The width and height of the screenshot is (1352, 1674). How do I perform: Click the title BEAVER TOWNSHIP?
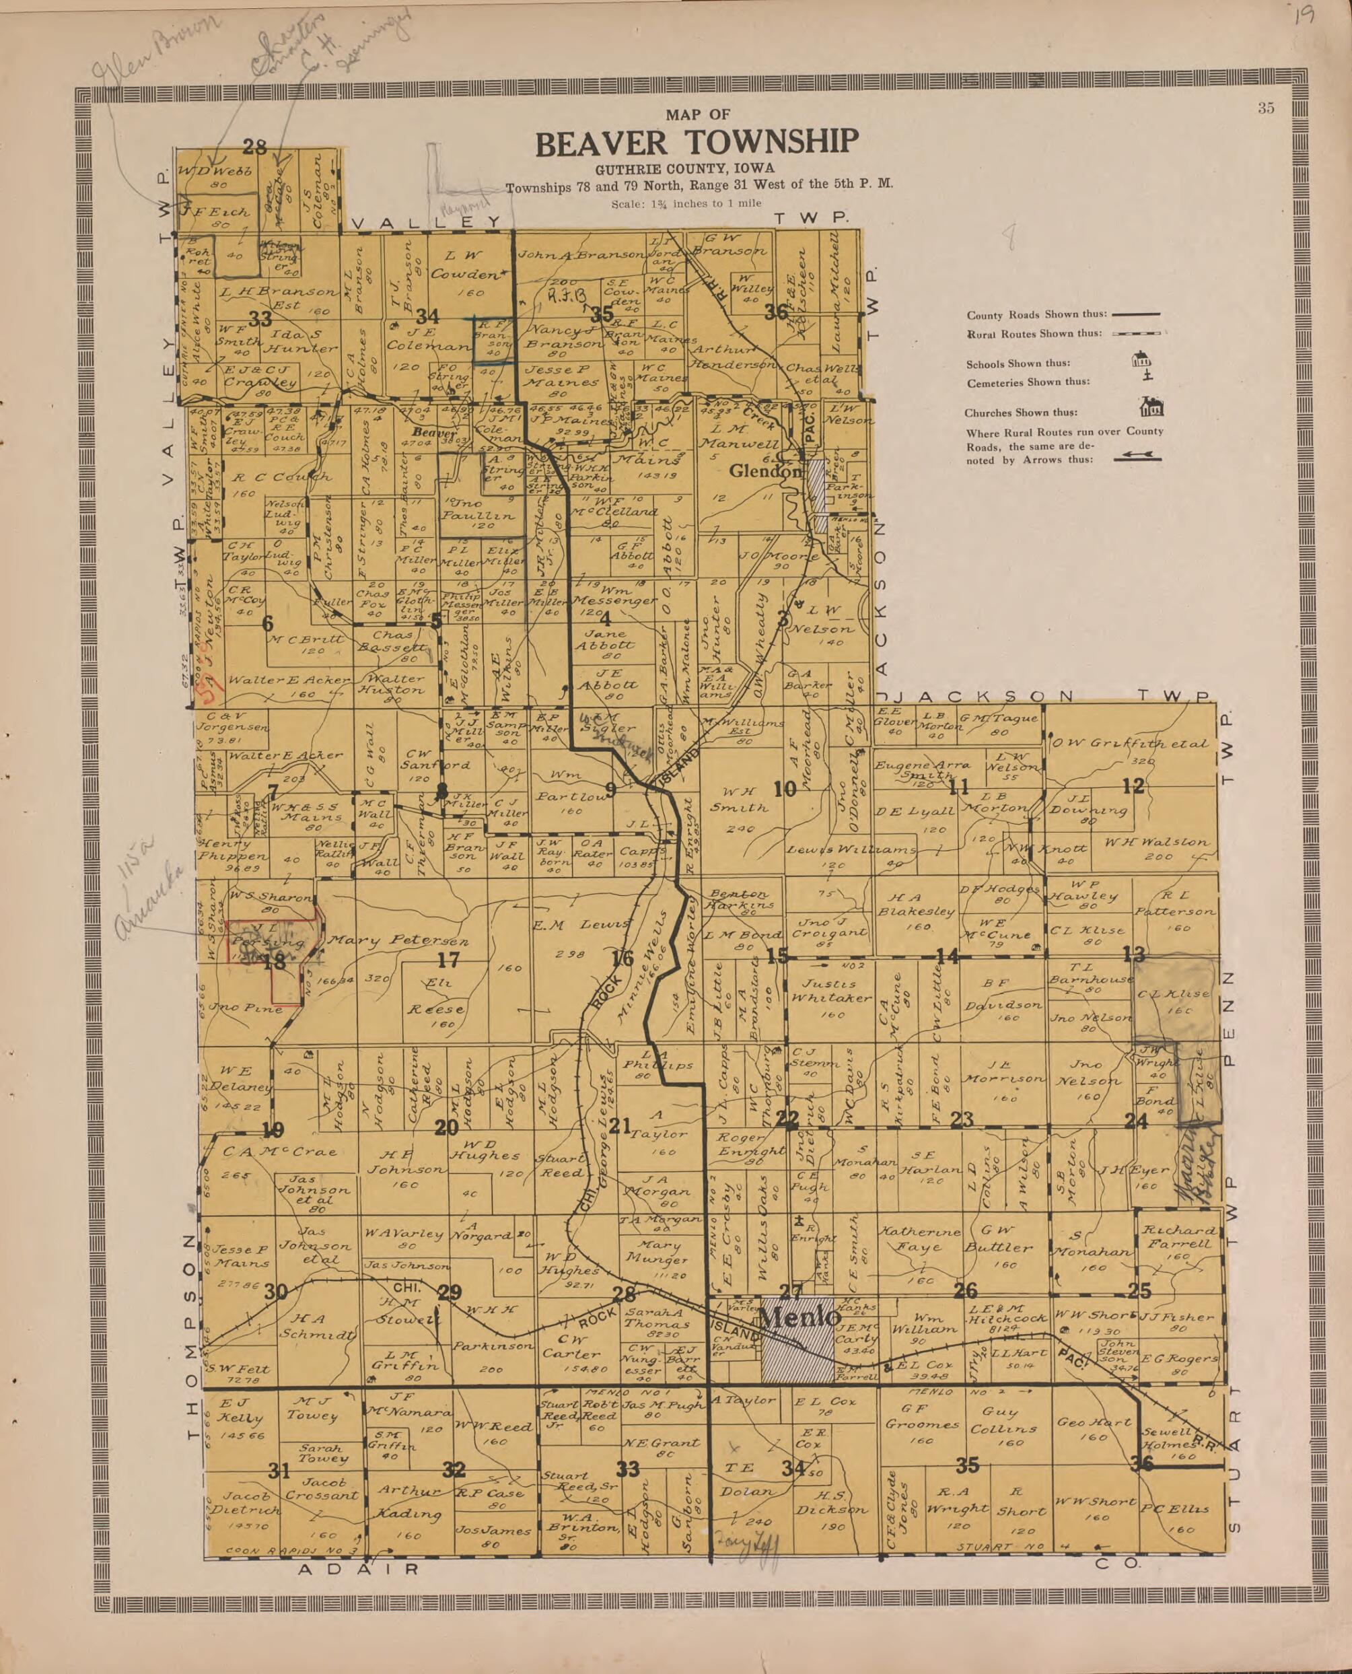tap(697, 143)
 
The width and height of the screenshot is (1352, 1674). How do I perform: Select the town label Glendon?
tap(764, 471)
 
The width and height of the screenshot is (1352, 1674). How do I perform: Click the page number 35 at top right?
tap(1266, 108)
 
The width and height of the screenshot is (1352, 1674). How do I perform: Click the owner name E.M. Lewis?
tap(581, 925)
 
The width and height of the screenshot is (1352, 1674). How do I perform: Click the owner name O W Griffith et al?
tap(1129, 743)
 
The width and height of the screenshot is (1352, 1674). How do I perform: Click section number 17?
tap(449, 961)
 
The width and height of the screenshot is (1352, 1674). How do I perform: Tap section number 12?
tap(1133, 786)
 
